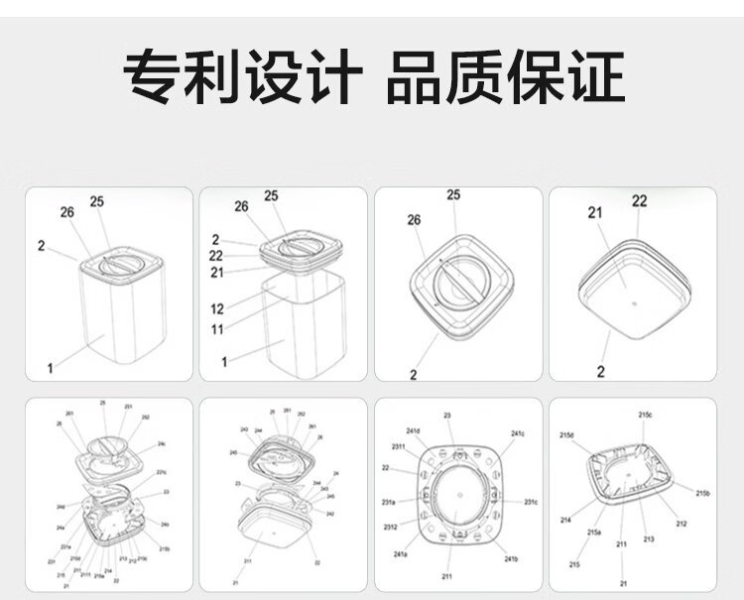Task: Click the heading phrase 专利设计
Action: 238,77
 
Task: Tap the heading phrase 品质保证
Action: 505,77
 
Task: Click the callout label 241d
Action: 412,431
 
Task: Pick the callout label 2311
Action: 398,448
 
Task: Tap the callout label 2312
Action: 392,527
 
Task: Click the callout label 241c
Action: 518,434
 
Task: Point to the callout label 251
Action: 129,407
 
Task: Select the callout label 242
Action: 330,514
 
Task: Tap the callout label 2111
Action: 86,574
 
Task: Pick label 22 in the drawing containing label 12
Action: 215,256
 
